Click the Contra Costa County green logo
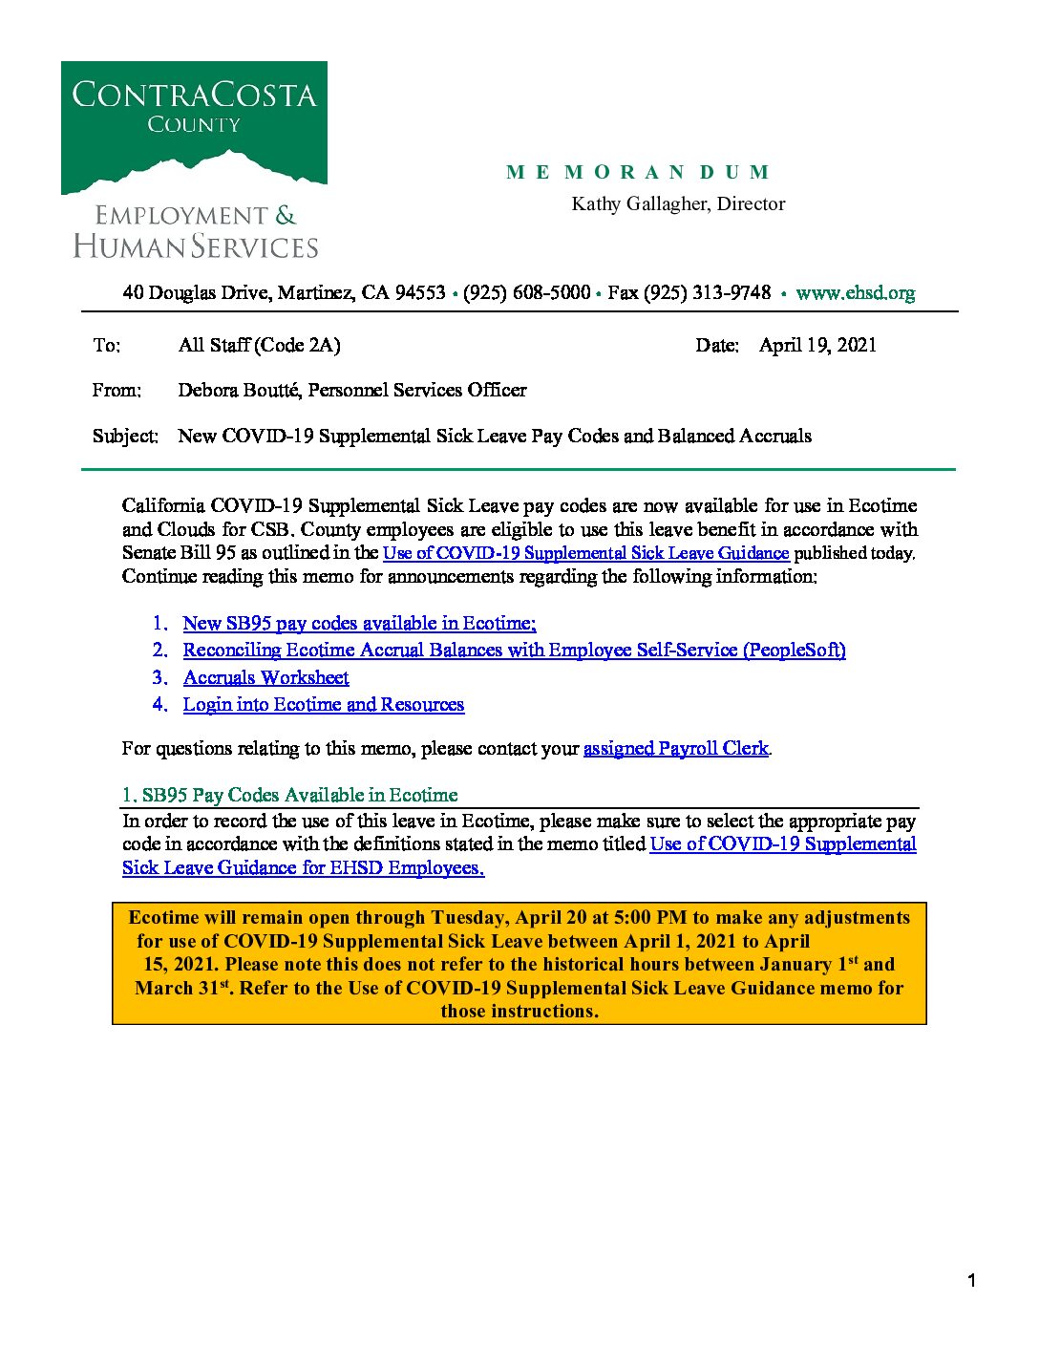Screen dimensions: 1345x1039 194,124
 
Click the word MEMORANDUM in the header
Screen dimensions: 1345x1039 638,173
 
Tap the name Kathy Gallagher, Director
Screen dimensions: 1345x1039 678,203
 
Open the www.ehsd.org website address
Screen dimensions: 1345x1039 855,293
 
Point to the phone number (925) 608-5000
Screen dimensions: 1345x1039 526,293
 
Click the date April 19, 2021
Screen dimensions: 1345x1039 817,345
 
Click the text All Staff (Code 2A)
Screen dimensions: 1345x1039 259,345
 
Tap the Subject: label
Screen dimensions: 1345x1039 125,436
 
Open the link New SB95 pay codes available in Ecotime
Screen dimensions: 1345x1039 359,624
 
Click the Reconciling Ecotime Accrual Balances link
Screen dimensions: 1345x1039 514,651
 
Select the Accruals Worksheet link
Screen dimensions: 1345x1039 265,678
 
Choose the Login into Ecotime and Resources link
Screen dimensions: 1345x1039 323,705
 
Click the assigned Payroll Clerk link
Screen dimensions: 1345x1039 675,749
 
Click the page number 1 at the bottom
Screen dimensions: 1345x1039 971,1281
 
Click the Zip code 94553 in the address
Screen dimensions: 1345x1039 420,293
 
